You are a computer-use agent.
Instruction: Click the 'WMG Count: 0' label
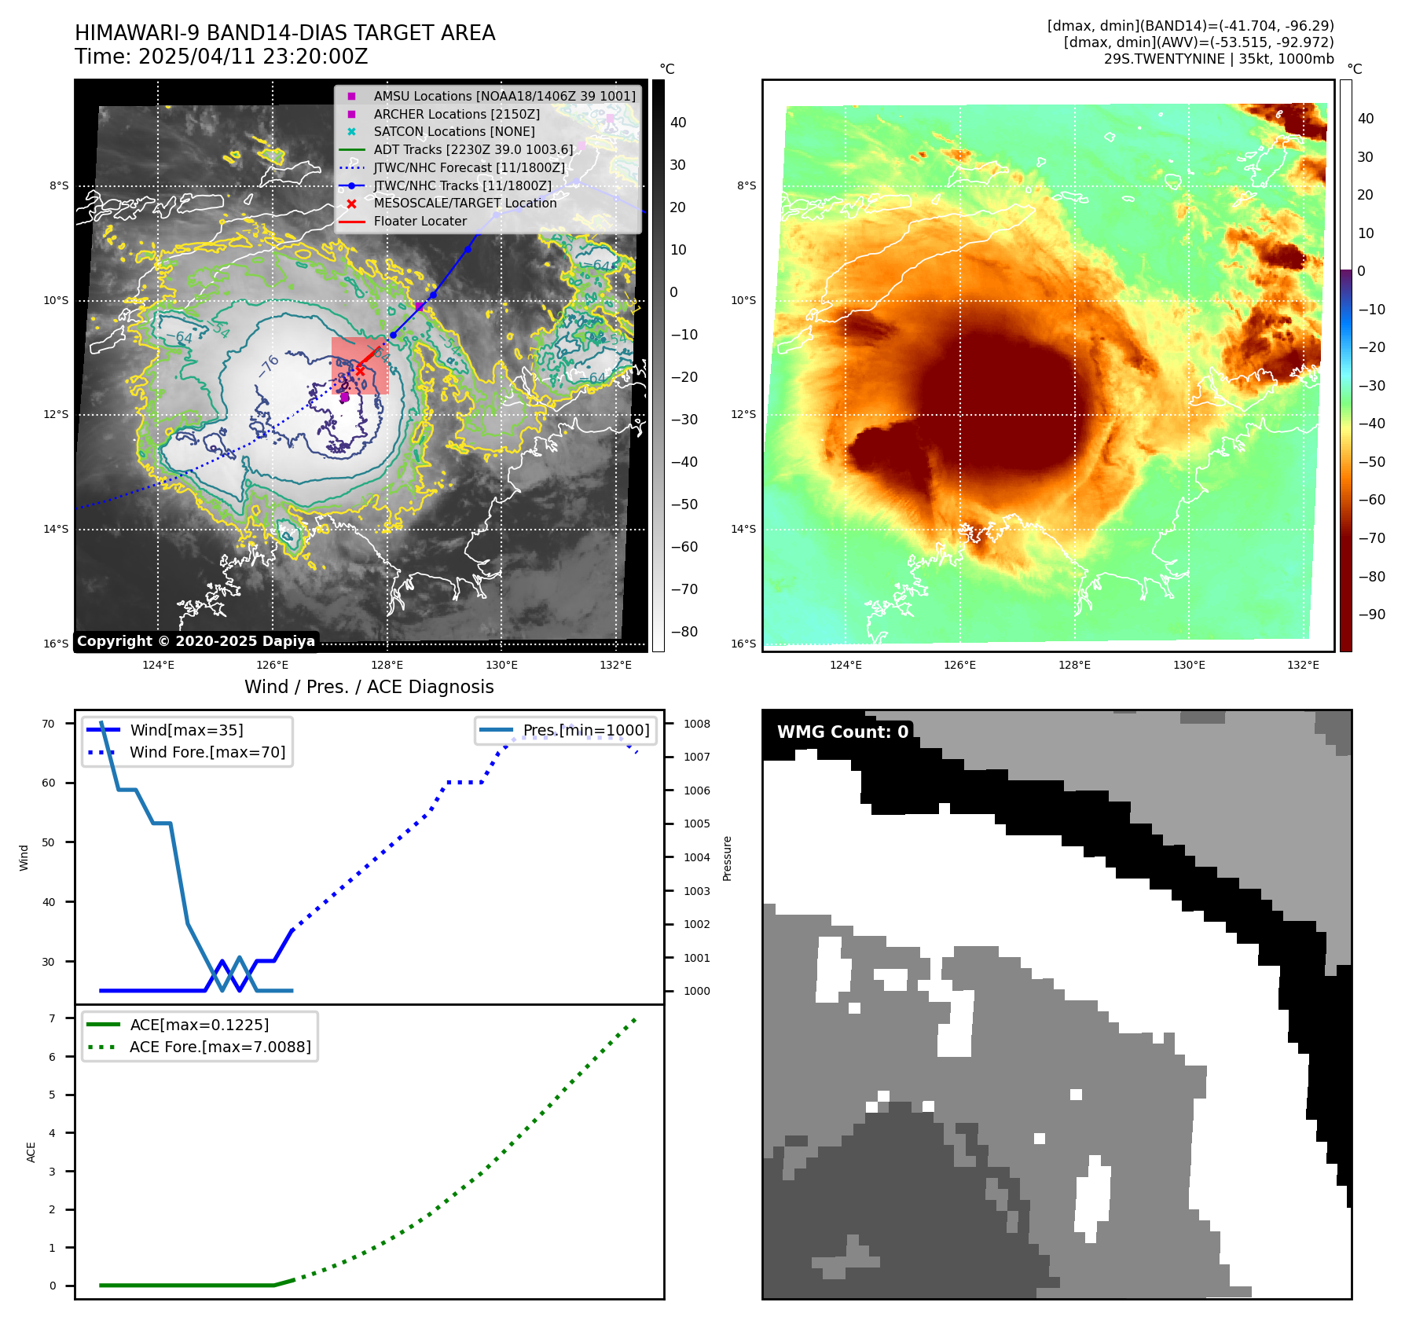842,732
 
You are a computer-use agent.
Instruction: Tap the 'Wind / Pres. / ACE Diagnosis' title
369,687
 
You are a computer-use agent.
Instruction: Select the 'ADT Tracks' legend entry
473,149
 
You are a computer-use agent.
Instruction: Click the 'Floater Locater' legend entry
420,222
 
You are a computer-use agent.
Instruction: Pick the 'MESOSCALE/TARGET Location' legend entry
464,204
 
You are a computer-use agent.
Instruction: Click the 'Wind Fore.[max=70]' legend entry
207,752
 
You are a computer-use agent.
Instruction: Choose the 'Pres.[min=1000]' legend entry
586,730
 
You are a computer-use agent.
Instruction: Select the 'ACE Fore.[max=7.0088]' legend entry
220,1047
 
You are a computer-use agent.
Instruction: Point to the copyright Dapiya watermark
196,641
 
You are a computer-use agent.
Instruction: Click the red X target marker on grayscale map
360,369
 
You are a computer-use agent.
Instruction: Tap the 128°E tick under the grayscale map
387,665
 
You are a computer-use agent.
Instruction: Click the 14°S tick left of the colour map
743,529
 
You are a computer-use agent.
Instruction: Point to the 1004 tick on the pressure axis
696,857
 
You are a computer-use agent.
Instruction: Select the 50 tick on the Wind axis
49,842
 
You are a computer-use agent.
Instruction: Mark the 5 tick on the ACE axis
52,1095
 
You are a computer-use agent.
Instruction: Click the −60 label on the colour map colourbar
1372,500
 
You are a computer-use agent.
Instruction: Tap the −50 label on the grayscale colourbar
684,504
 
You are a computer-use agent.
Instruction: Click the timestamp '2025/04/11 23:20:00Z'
253,57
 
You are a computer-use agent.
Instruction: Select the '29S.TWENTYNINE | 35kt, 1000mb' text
1218,59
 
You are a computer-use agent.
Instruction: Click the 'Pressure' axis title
727,858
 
